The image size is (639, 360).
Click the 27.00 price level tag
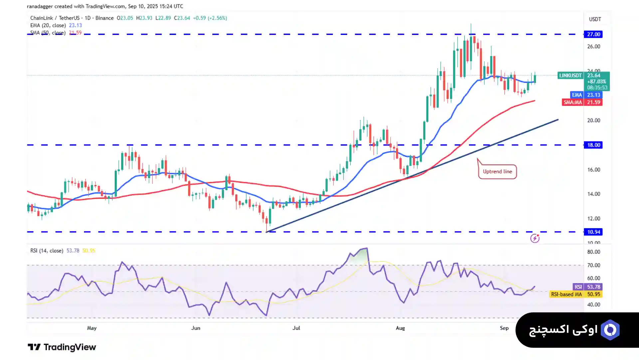(x=593, y=34)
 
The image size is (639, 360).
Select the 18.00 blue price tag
(x=593, y=145)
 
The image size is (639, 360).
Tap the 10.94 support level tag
(x=593, y=232)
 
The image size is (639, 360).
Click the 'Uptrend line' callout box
(x=497, y=172)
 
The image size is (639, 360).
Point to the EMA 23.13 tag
(x=586, y=95)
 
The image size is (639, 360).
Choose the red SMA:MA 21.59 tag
(x=582, y=102)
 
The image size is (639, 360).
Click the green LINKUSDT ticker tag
(x=570, y=76)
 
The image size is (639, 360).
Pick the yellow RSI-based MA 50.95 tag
(x=575, y=294)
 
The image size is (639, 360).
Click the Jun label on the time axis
(x=196, y=328)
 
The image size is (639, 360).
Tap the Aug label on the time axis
(x=400, y=328)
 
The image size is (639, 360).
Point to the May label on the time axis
(x=92, y=328)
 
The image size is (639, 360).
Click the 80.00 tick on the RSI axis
(x=593, y=252)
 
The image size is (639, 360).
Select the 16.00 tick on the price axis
(x=593, y=170)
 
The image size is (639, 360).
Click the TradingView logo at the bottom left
(x=62, y=347)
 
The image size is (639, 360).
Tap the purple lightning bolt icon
(x=535, y=238)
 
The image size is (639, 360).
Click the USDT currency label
(x=595, y=19)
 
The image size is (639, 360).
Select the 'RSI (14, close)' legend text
(x=47, y=250)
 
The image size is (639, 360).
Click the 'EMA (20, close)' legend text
(x=49, y=25)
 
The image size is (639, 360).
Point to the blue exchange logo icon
(x=610, y=330)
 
